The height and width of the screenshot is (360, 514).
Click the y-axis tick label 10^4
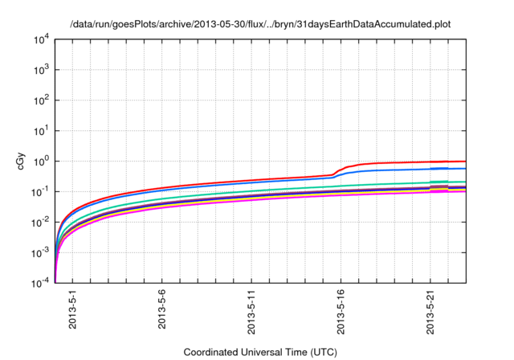coord(41,39)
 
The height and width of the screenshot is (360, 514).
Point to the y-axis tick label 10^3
coord(41,70)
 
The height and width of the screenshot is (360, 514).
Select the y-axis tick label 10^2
coord(41,100)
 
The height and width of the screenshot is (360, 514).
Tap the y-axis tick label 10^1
coord(41,130)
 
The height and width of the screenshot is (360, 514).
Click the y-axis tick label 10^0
coord(41,161)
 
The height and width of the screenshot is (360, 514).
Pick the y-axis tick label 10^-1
coord(41,191)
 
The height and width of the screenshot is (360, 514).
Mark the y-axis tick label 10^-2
coord(41,222)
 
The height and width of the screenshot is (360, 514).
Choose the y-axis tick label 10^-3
coord(41,252)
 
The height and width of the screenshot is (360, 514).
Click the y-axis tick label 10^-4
coord(41,282)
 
